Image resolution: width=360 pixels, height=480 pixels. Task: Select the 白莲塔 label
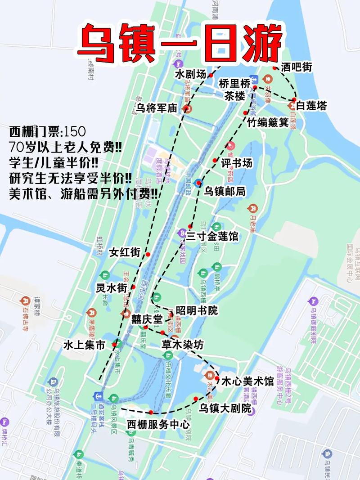311,106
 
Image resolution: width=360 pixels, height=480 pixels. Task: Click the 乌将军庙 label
158,108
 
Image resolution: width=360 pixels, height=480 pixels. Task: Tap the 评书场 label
236,162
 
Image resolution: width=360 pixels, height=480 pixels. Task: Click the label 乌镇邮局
225,191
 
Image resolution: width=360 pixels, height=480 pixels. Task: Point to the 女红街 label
125,252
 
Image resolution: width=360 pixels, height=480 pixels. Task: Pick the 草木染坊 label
182,345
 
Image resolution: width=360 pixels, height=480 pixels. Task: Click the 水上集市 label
84,345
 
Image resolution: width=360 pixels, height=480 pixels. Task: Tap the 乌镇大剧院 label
225,408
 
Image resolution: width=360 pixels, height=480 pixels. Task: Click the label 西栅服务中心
158,424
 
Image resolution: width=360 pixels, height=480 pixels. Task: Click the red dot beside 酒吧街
275,68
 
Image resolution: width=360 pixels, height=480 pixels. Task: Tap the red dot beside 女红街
148,254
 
